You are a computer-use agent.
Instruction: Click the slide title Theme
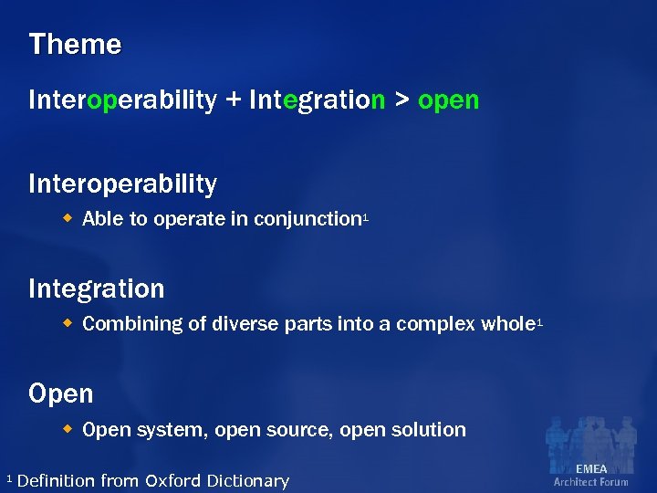click(x=75, y=45)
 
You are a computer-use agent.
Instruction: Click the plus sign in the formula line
click(x=235, y=100)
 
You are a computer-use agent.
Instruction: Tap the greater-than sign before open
click(x=401, y=100)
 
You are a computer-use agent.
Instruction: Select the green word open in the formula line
click(x=448, y=101)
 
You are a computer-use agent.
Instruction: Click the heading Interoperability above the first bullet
click(x=123, y=184)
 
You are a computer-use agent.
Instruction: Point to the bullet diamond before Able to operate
click(x=68, y=218)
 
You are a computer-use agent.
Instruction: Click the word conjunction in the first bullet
click(x=308, y=220)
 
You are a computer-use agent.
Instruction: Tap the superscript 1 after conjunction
click(x=365, y=215)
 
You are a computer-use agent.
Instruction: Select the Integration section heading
click(x=97, y=289)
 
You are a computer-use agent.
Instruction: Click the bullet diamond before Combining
click(x=68, y=323)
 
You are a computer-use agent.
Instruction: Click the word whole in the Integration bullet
click(x=509, y=324)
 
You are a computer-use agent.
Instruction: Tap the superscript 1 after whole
click(x=540, y=320)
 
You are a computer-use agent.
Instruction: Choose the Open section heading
click(x=61, y=394)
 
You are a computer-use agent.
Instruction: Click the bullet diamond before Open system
click(x=68, y=428)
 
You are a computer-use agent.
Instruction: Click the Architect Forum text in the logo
click(x=591, y=482)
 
